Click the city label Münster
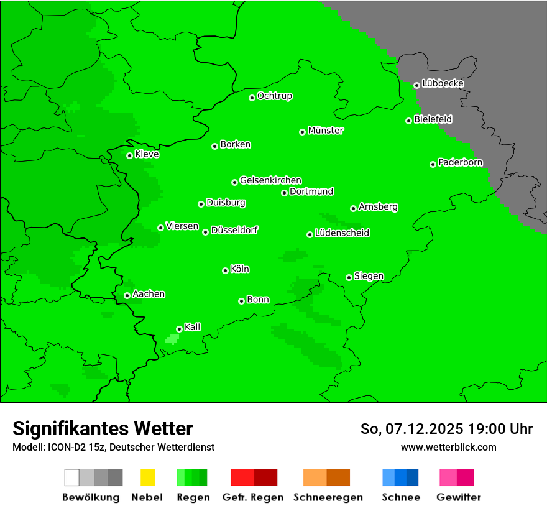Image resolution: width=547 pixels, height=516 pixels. [326, 131]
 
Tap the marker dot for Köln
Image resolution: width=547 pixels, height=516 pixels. [225, 270]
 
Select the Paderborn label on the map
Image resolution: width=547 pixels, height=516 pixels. [460, 162]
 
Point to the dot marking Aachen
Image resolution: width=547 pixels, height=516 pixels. [127, 295]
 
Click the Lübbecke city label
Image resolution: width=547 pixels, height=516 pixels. [443, 83]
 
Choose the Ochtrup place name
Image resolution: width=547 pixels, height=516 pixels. [275, 96]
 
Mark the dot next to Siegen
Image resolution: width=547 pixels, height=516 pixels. [349, 277]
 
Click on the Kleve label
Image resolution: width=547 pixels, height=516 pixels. [147, 154]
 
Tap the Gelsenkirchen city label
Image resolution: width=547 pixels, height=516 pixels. [270, 180]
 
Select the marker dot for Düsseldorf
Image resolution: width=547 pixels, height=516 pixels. [205, 232]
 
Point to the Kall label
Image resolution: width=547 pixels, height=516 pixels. [193, 327]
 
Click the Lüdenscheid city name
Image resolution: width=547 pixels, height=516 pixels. [342, 233]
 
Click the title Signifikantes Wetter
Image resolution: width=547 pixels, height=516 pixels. [103, 428]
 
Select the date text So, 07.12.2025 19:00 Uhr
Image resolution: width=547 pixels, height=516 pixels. [446, 429]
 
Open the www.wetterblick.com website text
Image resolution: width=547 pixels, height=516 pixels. [448, 447]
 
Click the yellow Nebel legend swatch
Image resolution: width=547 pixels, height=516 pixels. [147, 477]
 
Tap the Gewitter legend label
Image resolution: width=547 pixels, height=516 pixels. [459, 497]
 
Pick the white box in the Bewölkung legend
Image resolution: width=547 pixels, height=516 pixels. [72, 477]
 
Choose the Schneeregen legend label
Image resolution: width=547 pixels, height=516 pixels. [328, 497]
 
